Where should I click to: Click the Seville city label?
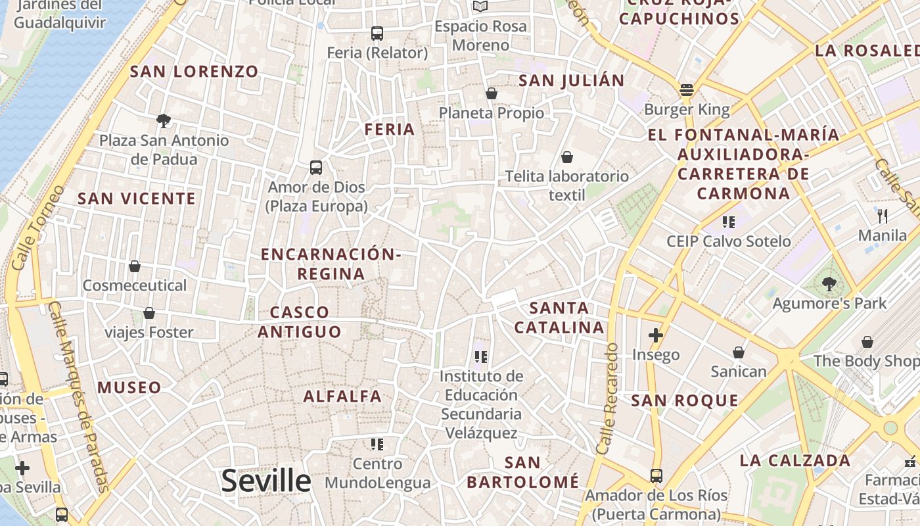(265, 481)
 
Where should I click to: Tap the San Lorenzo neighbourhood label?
(195, 72)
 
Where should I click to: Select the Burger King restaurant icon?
(687, 90)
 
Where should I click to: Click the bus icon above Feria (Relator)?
(377, 33)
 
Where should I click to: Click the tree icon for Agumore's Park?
(829, 284)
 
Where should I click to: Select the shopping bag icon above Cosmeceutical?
(135, 266)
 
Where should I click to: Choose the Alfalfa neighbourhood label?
(342, 396)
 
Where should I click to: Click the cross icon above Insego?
(655, 335)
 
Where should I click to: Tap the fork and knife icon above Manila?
(883, 215)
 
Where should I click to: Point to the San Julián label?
(572, 81)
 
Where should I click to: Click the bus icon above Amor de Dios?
(316, 168)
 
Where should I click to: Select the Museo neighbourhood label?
(129, 387)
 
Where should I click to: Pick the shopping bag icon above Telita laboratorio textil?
(566, 157)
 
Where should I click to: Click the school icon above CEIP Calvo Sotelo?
(728, 222)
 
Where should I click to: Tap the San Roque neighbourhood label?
(685, 400)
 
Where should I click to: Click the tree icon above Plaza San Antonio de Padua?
(164, 120)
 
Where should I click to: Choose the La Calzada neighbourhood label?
(795, 460)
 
